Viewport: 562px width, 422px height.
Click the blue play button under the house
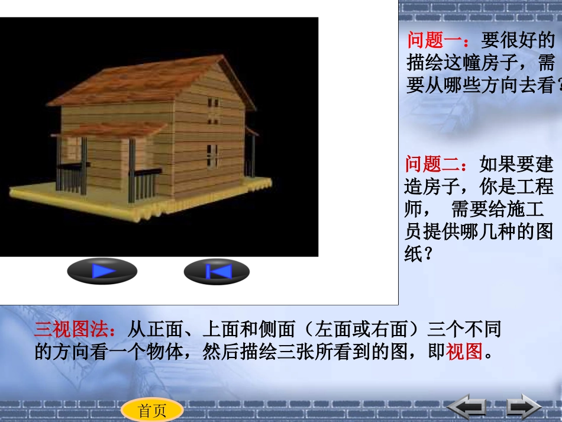102,272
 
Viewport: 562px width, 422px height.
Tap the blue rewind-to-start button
217,272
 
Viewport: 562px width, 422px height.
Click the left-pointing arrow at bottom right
467,407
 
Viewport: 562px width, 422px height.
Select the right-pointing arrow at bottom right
523,407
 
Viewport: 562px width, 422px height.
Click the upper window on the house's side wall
213,110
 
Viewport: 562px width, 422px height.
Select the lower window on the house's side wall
212,155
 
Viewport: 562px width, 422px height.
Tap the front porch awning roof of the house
112,129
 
